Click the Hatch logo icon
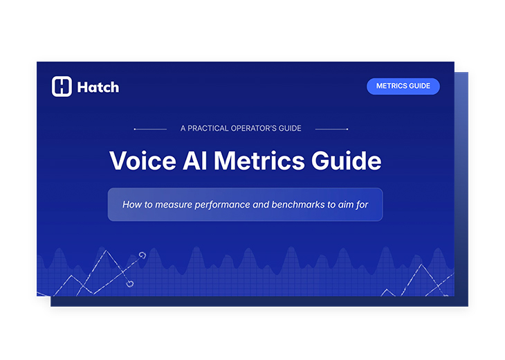[62, 87]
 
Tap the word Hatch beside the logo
[98, 87]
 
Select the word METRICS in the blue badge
[391, 87]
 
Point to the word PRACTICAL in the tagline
[210, 128]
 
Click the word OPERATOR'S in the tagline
[255, 128]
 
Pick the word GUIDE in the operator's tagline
[291, 128]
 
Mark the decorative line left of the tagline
[150, 129]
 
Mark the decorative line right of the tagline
[331, 129]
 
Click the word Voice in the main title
[143, 161]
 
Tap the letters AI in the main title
[195, 161]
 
